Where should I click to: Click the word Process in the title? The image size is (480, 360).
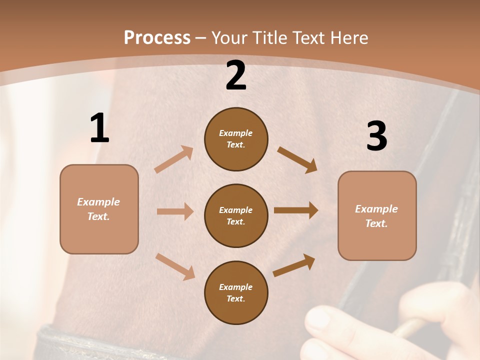(x=157, y=37)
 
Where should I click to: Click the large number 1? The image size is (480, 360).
(x=99, y=128)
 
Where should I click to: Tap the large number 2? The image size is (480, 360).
(x=236, y=76)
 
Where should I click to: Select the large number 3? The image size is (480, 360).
(x=376, y=136)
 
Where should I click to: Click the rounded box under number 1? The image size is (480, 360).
(x=99, y=209)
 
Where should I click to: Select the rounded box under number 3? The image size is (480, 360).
(x=377, y=215)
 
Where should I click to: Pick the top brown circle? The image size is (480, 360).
(x=236, y=139)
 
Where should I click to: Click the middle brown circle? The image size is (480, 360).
(x=236, y=215)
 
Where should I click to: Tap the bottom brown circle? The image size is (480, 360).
(x=236, y=292)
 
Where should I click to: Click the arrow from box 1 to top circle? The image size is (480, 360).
(x=173, y=159)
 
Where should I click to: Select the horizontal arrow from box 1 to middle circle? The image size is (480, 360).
(x=174, y=211)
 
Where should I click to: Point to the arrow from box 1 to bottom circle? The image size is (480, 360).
(x=175, y=266)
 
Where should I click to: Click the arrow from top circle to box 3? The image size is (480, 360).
(x=297, y=159)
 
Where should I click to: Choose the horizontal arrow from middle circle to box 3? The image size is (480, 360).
(x=295, y=210)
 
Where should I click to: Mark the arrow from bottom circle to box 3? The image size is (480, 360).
(x=294, y=265)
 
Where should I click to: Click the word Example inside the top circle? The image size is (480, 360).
(x=235, y=133)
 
